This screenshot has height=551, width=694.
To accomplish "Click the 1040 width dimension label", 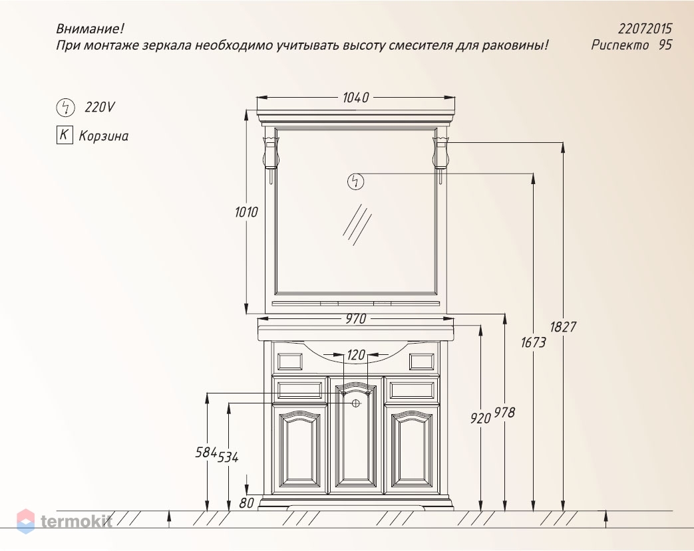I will (x=355, y=98).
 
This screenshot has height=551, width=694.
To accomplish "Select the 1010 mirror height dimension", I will (x=246, y=213).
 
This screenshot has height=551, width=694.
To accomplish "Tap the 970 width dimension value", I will (x=355, y=319).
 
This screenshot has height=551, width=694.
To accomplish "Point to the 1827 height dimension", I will (x=563, y=327).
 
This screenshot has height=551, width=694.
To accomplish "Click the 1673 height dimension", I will (x=533, y=343).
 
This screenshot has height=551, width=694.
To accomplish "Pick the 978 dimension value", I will (x=505, y=413).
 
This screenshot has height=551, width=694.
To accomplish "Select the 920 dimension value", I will (x=480, y=418).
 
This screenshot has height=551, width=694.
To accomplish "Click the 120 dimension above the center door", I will (x=357, y=356).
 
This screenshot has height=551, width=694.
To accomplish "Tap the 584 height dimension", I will (x=206, y=452).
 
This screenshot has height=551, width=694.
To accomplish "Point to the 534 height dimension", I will (x=228, y=457).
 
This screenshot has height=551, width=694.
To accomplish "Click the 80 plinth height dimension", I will (x=246, y=503).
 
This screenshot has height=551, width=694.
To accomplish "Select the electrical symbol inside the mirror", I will (x=356, y=181).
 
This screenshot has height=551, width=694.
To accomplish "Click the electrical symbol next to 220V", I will (x=65, y=107).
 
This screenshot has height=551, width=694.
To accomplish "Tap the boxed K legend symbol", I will (x=64, y=136).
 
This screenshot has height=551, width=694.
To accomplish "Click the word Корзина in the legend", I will (x=103, y=136).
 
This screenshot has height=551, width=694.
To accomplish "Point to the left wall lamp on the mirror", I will (x=271, y=153).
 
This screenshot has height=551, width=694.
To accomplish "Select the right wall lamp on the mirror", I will (x=441, y=153).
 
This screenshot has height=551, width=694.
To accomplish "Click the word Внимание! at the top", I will (x=90, y=29).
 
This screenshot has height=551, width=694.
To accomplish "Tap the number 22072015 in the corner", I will (x=645, y=29).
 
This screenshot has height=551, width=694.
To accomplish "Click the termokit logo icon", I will (x=25, y=521).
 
